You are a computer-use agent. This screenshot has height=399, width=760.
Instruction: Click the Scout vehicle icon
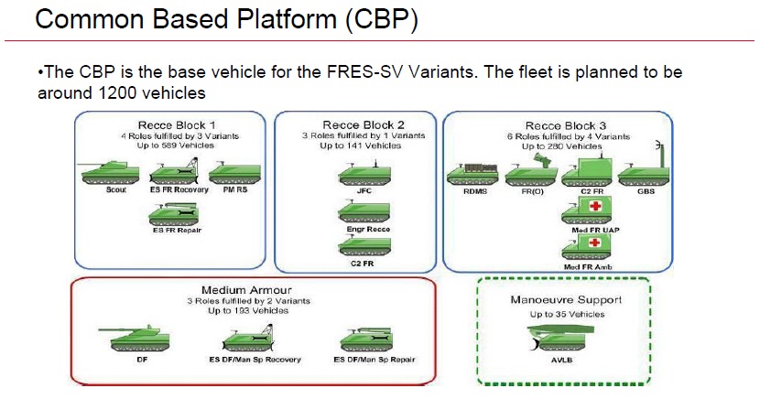pyautogui.click(x=110, y=173)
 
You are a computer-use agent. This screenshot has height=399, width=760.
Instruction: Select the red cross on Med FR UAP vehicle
pyautogui.click(x=593, y=207)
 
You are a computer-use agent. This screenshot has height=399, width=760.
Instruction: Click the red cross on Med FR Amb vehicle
pyautogui.click(x=593, y=243)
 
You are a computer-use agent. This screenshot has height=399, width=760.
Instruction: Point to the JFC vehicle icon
pyautogui.click(x=364, y=175)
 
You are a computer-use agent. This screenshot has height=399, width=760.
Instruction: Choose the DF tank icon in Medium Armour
pyautogui.click(x=135, y=340)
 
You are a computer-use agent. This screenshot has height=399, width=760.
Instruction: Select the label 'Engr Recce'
pyautogui.click(x=364, y=228)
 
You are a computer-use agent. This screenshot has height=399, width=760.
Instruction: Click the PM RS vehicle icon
pyautogui.click(x=235, y=173)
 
